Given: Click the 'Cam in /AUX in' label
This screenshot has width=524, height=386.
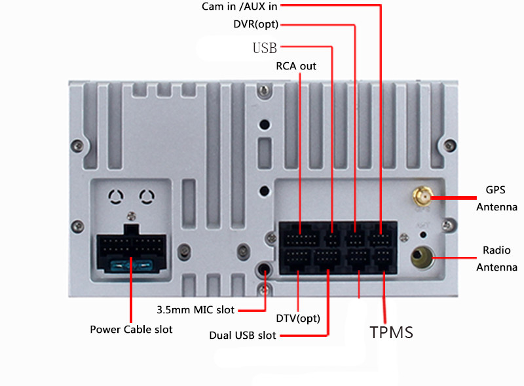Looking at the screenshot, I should coord(240,7).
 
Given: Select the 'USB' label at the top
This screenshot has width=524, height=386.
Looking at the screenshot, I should coord(265,48).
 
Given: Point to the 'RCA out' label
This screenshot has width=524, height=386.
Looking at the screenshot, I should coord(295,66).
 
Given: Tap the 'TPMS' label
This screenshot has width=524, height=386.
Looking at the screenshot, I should coord(392,332).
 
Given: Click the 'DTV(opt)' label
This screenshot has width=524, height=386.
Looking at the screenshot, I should coord(297,318).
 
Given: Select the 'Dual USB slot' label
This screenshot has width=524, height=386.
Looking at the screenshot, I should coord(242,336).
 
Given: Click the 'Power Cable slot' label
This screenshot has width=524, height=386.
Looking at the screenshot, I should coord(131,329).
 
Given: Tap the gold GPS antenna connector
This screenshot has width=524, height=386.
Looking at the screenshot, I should coord(420,196).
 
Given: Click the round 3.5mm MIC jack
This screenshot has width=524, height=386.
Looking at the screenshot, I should coord(265,270).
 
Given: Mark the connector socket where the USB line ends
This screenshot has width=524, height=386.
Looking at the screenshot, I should coord(333,234).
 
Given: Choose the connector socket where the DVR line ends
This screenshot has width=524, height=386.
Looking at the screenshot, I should coord(355,233).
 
